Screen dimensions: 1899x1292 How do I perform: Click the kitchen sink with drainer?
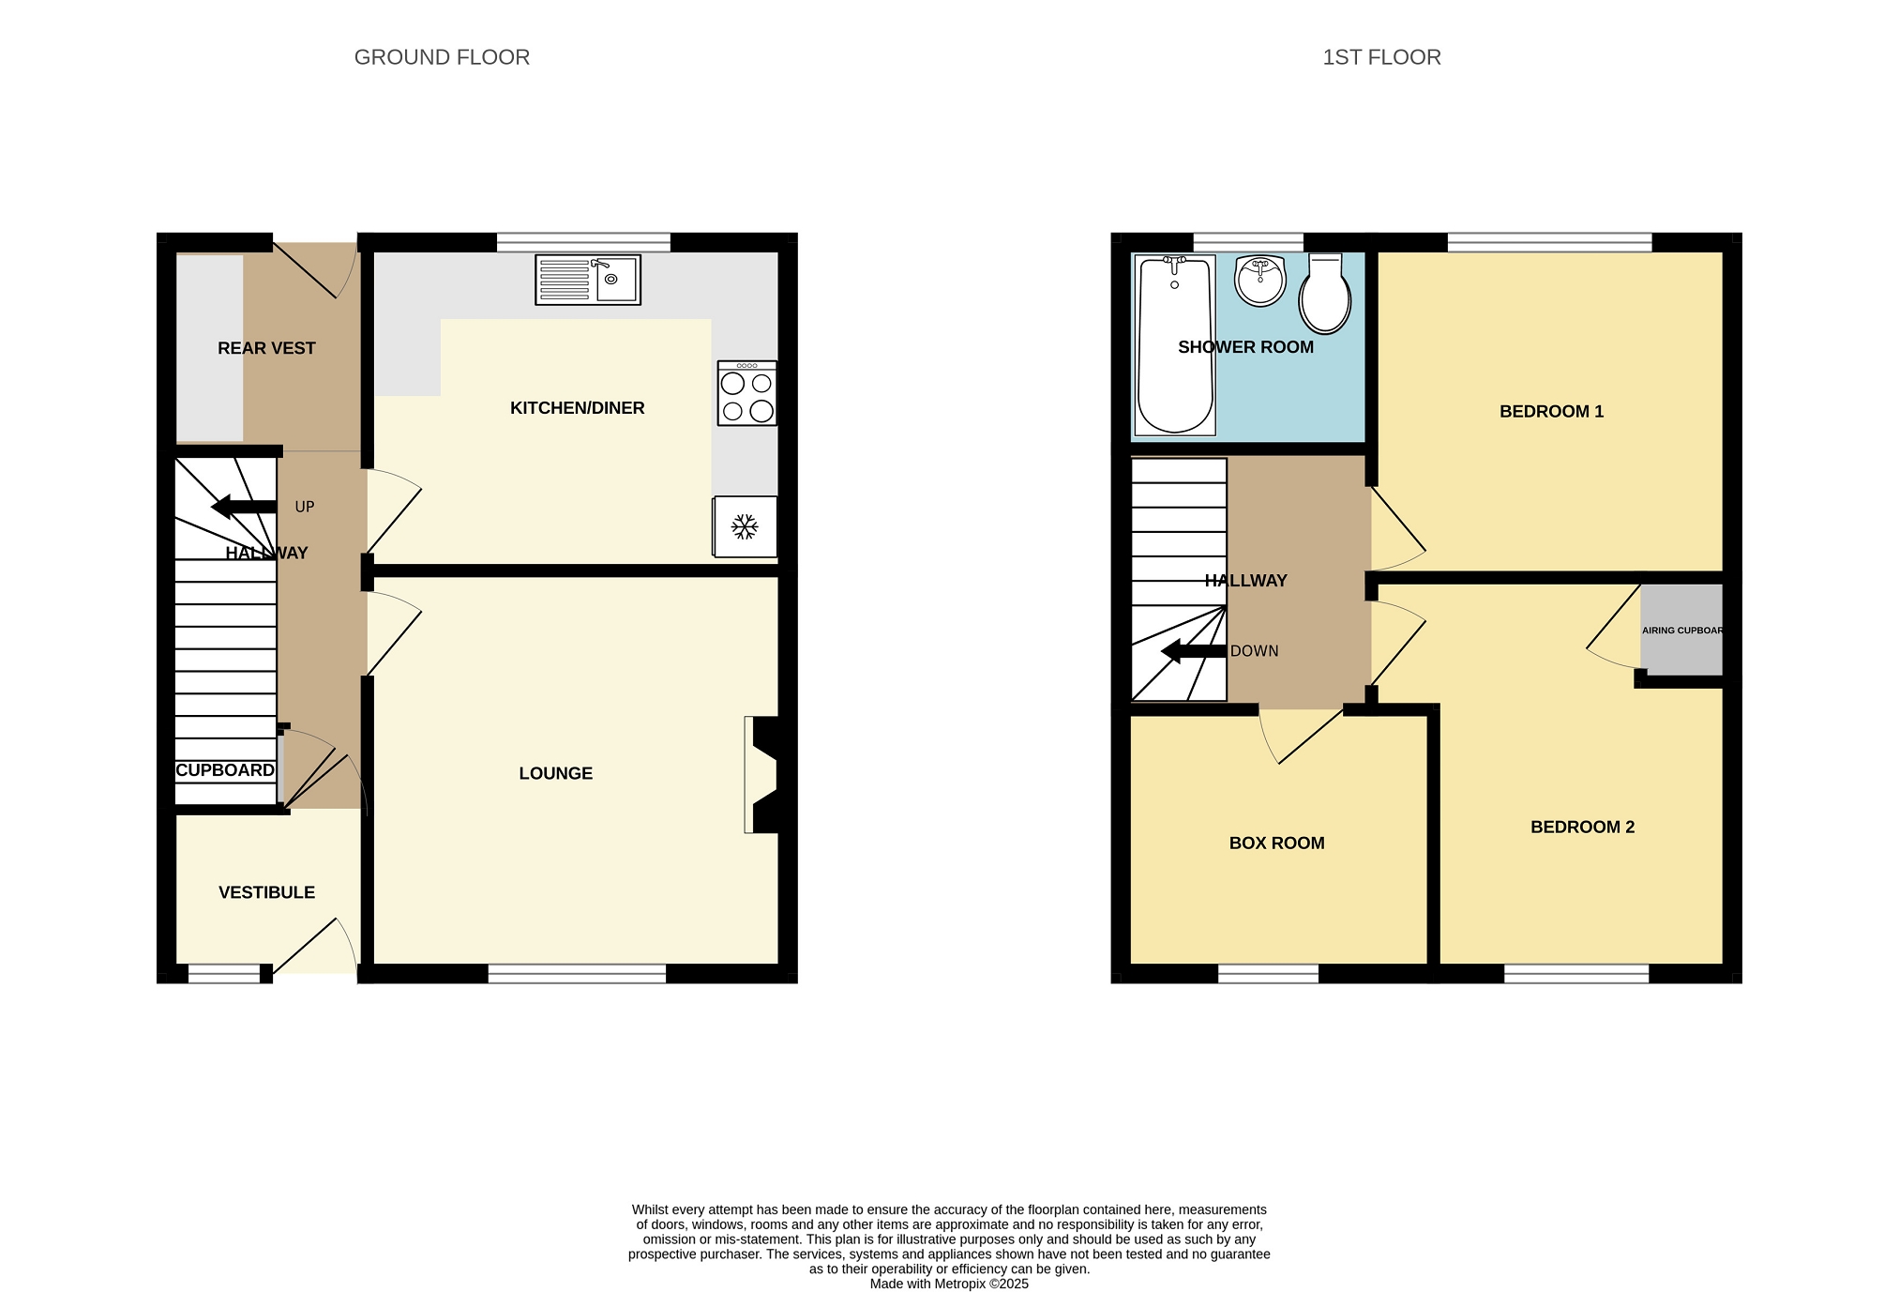pos(588,280)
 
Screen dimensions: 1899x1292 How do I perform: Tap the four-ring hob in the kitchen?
pos(747,393)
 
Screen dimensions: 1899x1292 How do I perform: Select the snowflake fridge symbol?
pos(745,526)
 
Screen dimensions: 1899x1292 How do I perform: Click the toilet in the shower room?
pos(1325,293)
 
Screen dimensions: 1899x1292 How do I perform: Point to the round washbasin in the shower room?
pos(1260,281)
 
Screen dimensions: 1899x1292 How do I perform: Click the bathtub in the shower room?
pos(1175,345)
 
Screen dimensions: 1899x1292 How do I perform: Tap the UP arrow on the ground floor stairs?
pos(244,507)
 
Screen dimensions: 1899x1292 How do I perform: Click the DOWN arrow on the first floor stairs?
pos(1194,651)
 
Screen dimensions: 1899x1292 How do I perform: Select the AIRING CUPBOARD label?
pos(1682,631)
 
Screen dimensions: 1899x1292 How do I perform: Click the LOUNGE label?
pos(556,773)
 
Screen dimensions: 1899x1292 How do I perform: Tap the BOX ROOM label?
pos(1277,843)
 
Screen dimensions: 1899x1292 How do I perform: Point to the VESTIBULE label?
pos(267,892)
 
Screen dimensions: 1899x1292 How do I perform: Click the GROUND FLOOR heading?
pos(442,57)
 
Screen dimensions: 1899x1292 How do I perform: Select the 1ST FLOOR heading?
pos(1381,57)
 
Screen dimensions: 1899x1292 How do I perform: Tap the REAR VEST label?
pos(266,348)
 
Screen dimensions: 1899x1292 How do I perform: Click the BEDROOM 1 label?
pos(1552,411)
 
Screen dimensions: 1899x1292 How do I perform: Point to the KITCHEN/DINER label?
pos(578,408)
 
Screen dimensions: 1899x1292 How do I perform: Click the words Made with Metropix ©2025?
pos(949,1284)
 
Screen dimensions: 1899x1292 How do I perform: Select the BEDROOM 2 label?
pos(1583,827)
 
